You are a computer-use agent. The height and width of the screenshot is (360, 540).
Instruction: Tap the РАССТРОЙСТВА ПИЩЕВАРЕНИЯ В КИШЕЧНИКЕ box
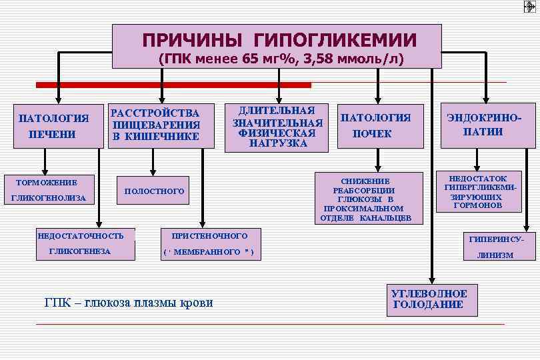pyautogui.click(x=155, y=125)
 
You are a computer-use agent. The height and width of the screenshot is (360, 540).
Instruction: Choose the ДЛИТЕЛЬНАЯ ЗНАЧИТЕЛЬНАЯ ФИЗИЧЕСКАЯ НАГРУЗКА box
pyautogui.click(x=277, y=126)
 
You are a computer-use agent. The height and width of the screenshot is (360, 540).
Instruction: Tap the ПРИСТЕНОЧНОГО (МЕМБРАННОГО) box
pyautogui.click(x=208, y=243)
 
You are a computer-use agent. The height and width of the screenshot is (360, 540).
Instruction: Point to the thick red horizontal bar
pyautogui.click(x=173, y=85)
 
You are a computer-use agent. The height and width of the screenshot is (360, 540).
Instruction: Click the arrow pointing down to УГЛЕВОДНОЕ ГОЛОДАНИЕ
pyautogui.click(x=433, y=200)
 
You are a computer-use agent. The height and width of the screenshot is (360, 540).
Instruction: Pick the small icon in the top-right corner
pyautogui.click(x=529, y=7)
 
